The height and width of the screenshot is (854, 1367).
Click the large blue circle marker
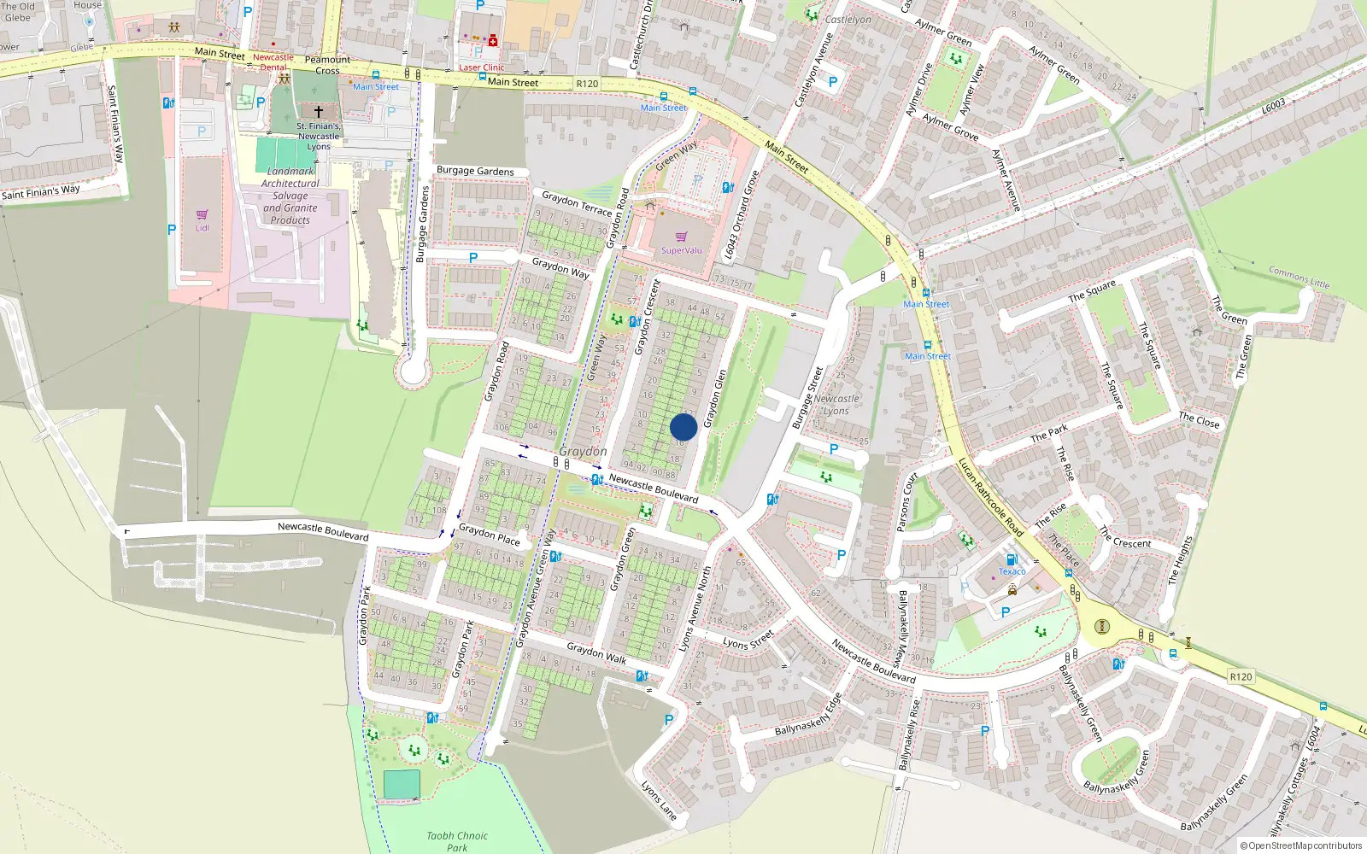coord(683,427)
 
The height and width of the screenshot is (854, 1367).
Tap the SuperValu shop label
coord(681,250)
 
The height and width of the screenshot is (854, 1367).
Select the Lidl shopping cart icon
coord(202,215)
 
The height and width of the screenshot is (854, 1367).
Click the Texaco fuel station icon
coord(1012,560)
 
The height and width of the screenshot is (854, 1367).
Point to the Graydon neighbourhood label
coord(583,451)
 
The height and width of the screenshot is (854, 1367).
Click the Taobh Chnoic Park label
coord(457,841)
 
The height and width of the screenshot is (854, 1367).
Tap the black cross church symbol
coord(319,112)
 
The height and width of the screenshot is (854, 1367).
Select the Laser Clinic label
coord(482,67)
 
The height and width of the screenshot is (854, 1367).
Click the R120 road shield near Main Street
coord(587,84)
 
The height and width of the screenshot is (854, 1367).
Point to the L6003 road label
coord(1273,106)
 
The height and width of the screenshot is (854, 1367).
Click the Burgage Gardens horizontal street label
coord(475,171)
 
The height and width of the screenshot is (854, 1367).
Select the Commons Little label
coord(1299,278)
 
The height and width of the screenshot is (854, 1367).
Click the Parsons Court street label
coord(907,501)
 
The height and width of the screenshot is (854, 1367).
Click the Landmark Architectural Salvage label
coord(290,196)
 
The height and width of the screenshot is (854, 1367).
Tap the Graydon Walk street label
coord(596,653)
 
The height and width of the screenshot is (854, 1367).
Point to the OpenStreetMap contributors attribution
coord(1300,846)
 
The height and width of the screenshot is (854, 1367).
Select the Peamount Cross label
coord(327,65)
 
